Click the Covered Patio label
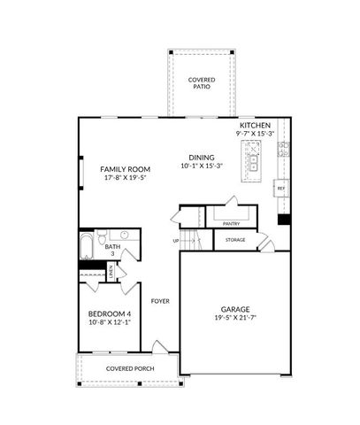point(201,84)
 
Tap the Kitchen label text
point(255,125)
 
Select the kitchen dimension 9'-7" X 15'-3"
point(255,134)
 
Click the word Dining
point(201,158)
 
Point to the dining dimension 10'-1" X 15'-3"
point(201,166)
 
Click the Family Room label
point(124,169)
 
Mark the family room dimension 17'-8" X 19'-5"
point(124,178)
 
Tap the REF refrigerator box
point(281,189)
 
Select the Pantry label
point(232,224)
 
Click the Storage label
point(235,240)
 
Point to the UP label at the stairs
point(176,241)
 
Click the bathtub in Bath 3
point(87,245)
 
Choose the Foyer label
point(160,301)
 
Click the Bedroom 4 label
point(110,314)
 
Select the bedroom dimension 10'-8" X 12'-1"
point(110,323)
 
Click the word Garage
point(235,309)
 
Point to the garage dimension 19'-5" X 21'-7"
point(235,318)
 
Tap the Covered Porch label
point(130,368)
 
